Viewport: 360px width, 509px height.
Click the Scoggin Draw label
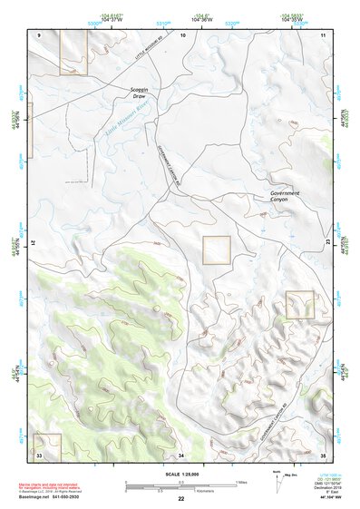coord(140,94)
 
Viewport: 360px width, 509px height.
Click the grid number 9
coord(40,34)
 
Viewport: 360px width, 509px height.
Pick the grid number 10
coord(182,34)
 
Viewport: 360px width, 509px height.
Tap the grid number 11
coord(324,34)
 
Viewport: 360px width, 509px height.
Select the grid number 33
coord(40,454)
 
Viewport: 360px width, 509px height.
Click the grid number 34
coord(181,455)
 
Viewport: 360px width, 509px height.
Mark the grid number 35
coord(324,455)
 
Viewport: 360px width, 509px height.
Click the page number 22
coord(181,499)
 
